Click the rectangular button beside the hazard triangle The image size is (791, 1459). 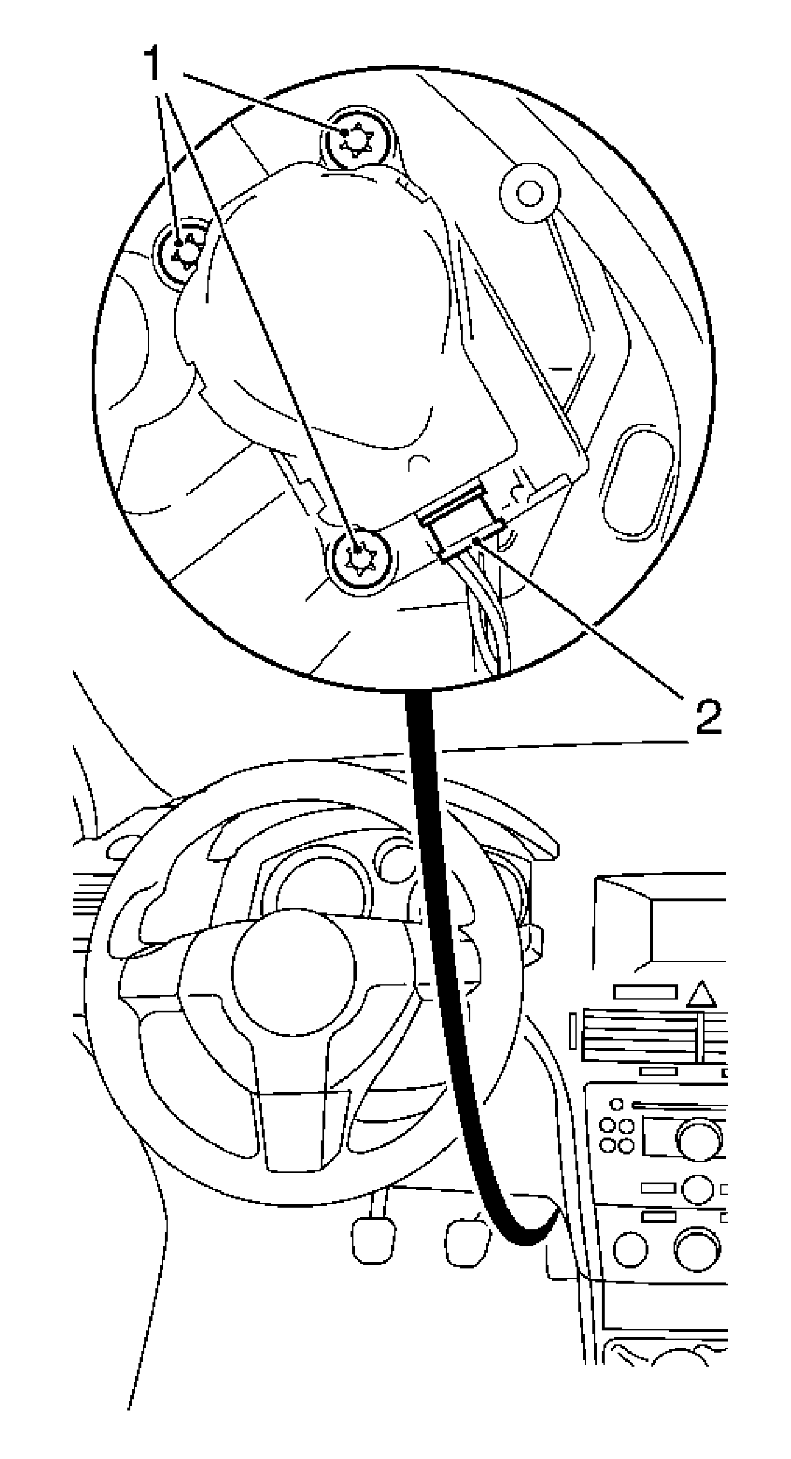coord(646,992)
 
